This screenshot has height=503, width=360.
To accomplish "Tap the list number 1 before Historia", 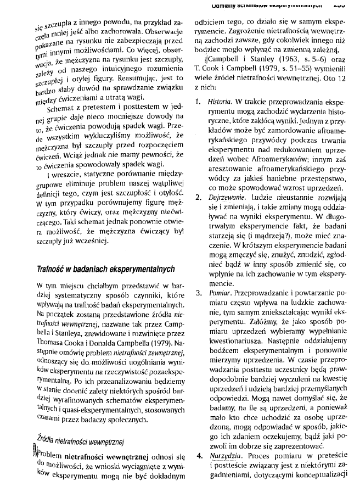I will [199, 102].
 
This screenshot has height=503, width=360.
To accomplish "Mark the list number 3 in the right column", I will [199, 293].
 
